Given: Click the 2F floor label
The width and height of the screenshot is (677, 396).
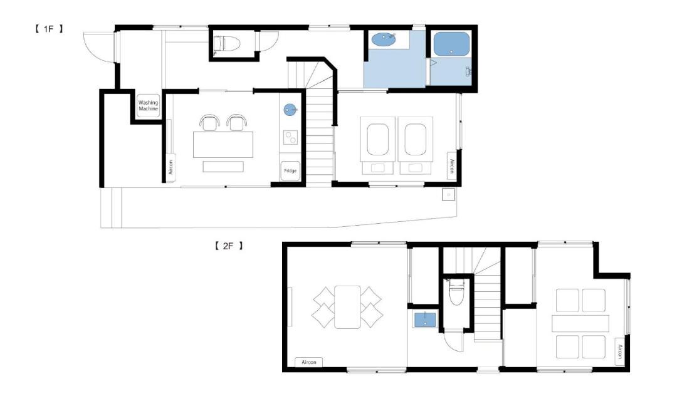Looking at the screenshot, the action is pos(228,246).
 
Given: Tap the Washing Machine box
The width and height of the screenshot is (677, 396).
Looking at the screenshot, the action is pos(148,105).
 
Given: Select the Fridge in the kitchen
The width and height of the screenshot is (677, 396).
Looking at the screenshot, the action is pos(290,171).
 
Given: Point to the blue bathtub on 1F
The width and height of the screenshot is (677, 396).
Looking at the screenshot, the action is pos(451,44).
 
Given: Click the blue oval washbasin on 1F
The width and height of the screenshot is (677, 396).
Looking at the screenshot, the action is pos(384,39).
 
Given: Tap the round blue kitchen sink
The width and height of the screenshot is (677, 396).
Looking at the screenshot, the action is pos(290,110).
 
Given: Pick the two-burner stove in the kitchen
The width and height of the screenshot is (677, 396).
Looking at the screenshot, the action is pos(290,138).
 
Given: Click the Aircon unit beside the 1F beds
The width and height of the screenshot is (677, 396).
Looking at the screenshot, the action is pos(451,165).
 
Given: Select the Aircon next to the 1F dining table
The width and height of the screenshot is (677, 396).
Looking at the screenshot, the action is pos(171,167).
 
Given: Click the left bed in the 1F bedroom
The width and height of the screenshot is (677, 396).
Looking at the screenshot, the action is pos(377,145).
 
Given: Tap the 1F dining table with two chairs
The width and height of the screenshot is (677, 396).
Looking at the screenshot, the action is pos(223,145).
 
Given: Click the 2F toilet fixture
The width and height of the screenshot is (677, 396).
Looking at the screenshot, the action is pos(456,292).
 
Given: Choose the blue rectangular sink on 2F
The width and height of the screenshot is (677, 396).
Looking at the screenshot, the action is pos(425,320).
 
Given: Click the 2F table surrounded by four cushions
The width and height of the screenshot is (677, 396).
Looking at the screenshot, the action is pos(347,306).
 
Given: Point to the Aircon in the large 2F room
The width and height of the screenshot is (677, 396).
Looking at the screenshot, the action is pos(308,362).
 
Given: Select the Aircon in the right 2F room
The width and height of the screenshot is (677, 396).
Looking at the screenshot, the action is pos(619,352).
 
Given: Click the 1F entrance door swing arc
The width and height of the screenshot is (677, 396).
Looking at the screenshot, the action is pos(93,48).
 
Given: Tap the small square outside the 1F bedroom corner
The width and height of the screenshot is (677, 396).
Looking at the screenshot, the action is pos(448,194).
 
